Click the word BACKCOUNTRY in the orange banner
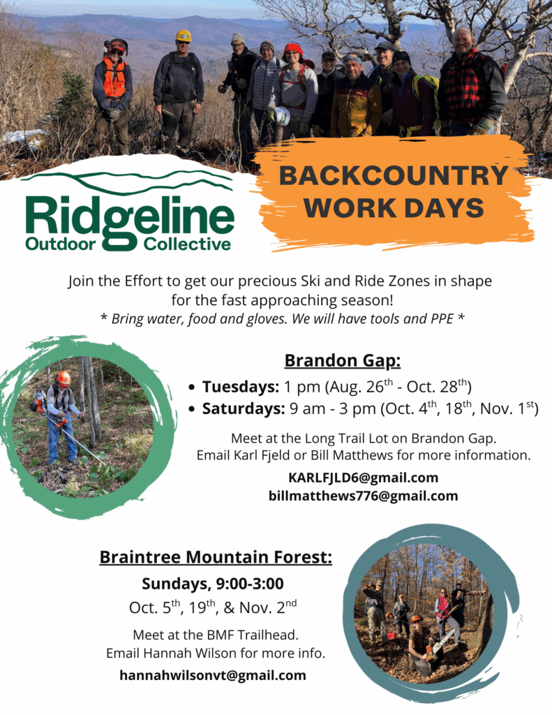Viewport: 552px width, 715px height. [x=394, y=175]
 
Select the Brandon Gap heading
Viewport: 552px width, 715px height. [x=343, y=361]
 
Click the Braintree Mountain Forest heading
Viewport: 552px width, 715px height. [x=216, y=557]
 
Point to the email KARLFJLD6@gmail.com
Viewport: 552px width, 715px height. [x=364, y=478]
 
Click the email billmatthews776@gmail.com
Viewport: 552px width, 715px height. [x=364, y=496]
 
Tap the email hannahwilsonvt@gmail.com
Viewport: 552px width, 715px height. [x=213, y=675]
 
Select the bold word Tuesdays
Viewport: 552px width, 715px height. [x=240, y=387]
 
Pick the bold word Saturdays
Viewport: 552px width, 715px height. [x=244, y=408]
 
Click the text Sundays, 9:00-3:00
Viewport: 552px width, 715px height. [x=213, y=584]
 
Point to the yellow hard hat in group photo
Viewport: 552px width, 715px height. [x=184, y=36]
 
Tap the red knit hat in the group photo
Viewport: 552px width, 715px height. [x=293, y=48]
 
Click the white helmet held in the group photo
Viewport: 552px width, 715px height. [x=281, y=117]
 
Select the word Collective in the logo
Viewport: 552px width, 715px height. [x=187, y=244]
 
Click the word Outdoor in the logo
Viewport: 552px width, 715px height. [x=61, y=244]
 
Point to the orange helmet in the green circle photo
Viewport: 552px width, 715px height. [x=64, y=378]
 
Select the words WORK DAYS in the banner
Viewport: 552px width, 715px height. [x=394, y=208]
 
